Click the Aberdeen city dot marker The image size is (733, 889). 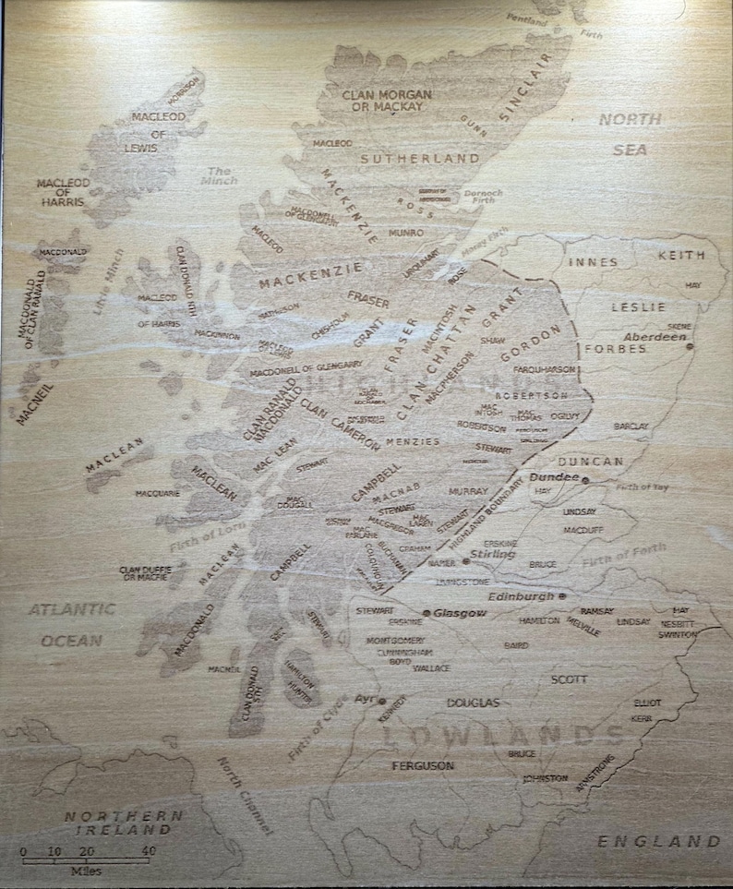[690, 347]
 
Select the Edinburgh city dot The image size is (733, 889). [562, 597]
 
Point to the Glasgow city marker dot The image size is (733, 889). [426, 613]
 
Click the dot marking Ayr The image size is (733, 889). [381, 702]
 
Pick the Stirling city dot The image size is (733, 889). [466, 560]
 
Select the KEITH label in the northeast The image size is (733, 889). [681, 255]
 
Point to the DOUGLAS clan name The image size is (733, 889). [473, 703]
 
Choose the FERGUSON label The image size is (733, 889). [423, 766]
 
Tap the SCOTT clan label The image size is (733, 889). [569, 679]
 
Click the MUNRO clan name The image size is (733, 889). [406, 233]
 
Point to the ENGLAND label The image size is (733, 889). [658, 841]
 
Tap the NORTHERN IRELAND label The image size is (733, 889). [124, 823]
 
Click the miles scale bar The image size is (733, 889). [89, 860]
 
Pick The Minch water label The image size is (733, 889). [219, 175]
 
